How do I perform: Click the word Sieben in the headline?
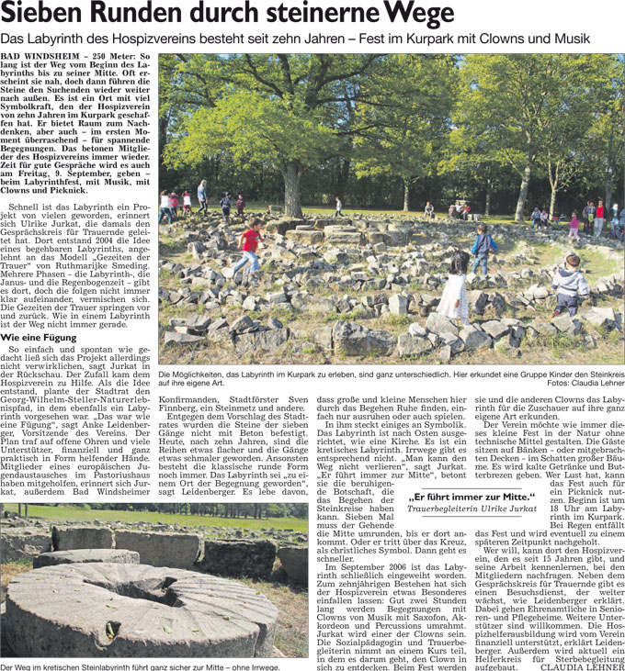pyautogui.click(x=43, y=15)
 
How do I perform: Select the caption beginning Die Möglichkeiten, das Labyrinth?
pyautogui.click(x=368, y=376)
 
